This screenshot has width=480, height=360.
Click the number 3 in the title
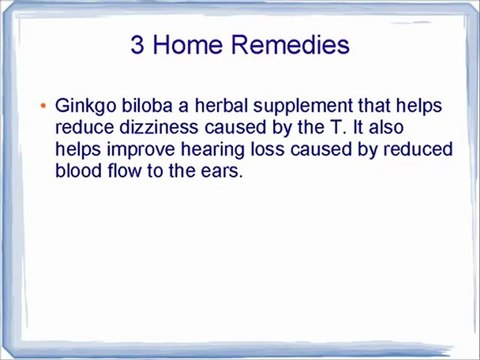(139, 45)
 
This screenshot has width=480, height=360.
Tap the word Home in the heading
(194, 45)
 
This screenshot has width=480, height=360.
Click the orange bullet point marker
(44, 106)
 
